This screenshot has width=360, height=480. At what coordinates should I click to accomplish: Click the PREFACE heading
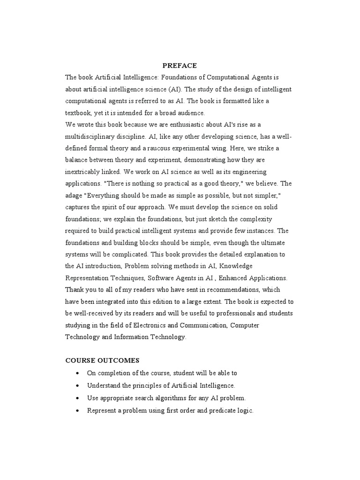(x=180, y=66)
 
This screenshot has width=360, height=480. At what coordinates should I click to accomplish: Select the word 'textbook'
(x=79, y=113)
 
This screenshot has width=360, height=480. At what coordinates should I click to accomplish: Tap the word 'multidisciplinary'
(x=91, y=136)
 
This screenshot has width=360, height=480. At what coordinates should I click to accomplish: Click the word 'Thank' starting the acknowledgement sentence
(x=75, y=290)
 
